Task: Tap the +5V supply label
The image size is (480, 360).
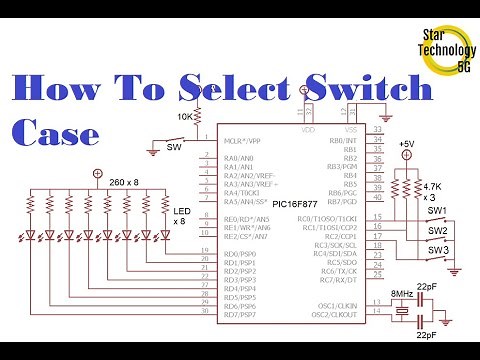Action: pyautogui.click(x=406, y=145)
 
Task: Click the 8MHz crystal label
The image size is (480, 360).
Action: pyautogui.click(x=400, y=294)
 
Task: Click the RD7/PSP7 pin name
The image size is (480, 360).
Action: pyautogui.click(x=241, y=314)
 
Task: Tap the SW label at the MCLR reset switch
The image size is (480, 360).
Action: pyautogui.click(x=174, y=146)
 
